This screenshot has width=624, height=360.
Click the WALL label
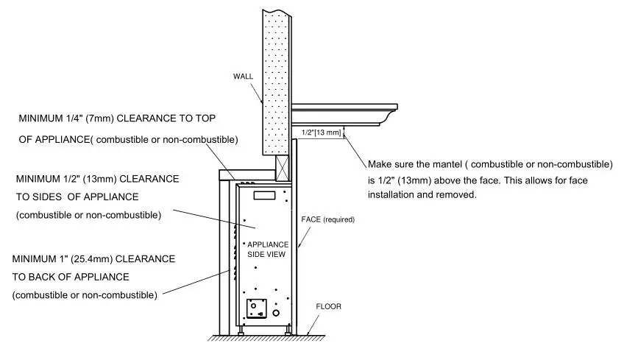click(244, 76)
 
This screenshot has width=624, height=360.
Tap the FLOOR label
click(327, 306)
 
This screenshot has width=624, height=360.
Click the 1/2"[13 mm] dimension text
click(322, 133)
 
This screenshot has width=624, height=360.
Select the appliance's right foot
click(288, 331)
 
